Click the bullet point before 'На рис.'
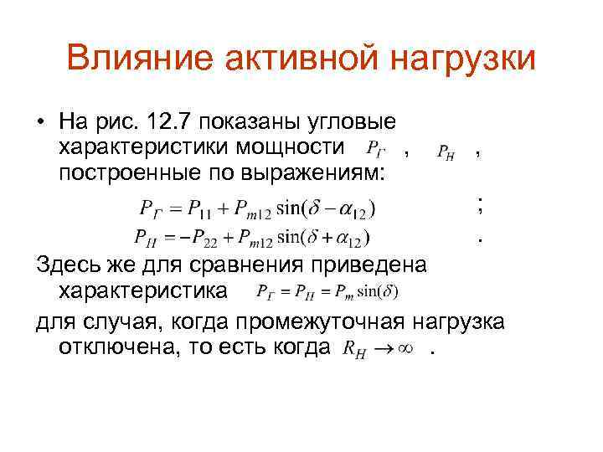coord(40,124)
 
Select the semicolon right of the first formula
coord(479,204)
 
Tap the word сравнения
coord(240,266)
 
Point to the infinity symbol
coord(406,348)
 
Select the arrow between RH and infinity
coord(382,348)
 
